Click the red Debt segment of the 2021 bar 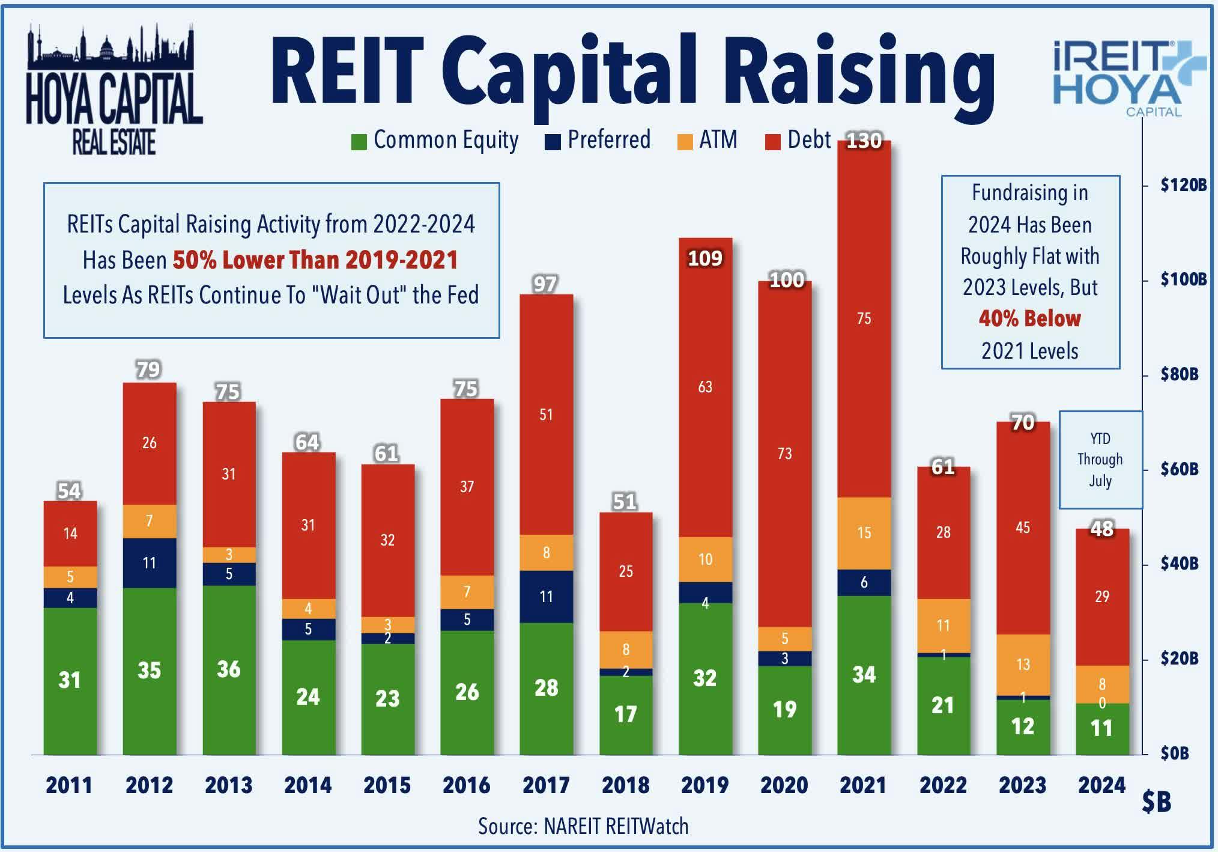pyautogui.click(x=864, y=318)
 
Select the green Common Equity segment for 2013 pyautogui.click(x=229, y=669)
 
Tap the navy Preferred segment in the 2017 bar pyautogui.click(x=546, y=597)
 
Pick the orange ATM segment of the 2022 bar pyautogui.click(x=943, y=625)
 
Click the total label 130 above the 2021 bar pyautogui.click(x=864, y=141)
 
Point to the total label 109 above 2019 pyautogui.click(x=705, y=258)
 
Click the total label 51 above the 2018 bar pyautogui.click(x=625, y=501)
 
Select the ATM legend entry pyautogui.click(x=707, y=140)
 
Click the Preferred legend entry pyautogui.click(x=598, y=140)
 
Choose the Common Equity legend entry pyautogui.click(x=435, y=140)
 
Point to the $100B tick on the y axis pyautogui.click(x=1183, y=279)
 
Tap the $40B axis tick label pyautogui.click(x=1179, y=564)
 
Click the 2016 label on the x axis pyautogui.click(x=467, y=785)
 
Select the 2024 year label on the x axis pyautogui.click(x=1101, y=785)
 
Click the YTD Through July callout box pyautogui.click(x=1100, y=460)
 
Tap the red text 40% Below pyautogui.click(x=1029, y=318)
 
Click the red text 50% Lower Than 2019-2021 pyautogui.click(x=315, y=260)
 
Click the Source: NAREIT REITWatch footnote pyautogui.click(x=583, y=827)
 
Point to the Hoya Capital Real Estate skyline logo pyautogui.click(x=114, y=90)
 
